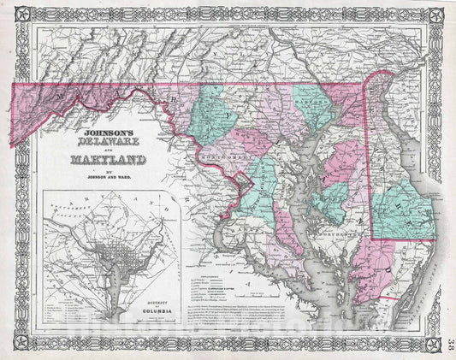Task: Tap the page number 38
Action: click(448, 323)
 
